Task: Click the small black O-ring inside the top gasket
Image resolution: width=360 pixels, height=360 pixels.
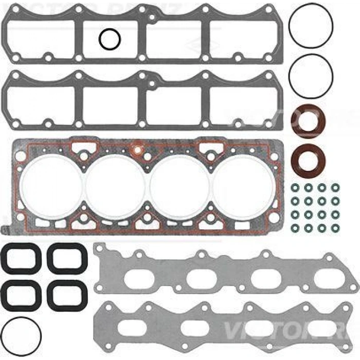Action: tap(109, 40)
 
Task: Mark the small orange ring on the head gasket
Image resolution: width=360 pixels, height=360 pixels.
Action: tap(138, 151)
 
